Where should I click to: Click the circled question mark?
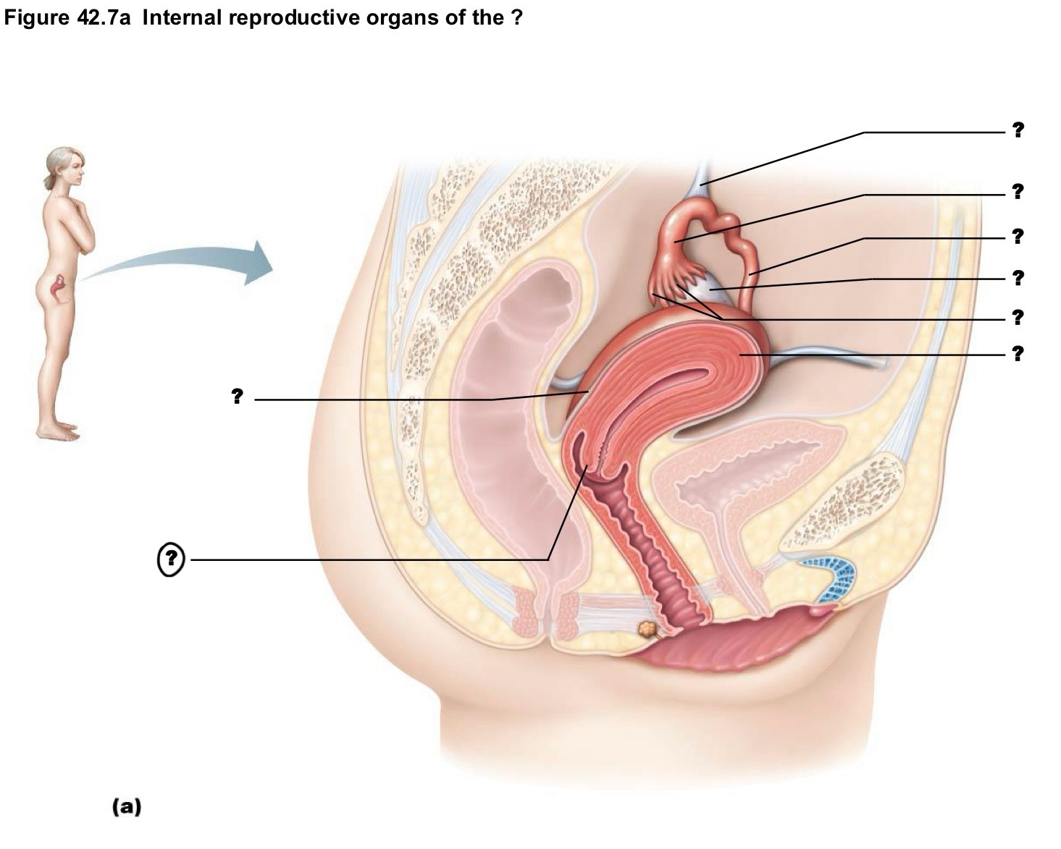[x=171, y=559]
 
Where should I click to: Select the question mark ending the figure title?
[x=516, y=18]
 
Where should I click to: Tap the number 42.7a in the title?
[x=104, y=18]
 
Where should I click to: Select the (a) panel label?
[x=127, y=807]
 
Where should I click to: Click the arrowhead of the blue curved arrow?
[x=259, y=263]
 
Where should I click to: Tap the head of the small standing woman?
[x=64, y=165]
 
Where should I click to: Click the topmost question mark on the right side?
[x=1018, y=130]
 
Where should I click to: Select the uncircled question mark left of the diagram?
[x=237, y=396]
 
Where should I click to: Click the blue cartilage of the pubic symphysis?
[x=829, y=579]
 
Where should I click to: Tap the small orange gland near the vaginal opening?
[x=647, y=628]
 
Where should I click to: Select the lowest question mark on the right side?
[x=1018, y=354]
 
